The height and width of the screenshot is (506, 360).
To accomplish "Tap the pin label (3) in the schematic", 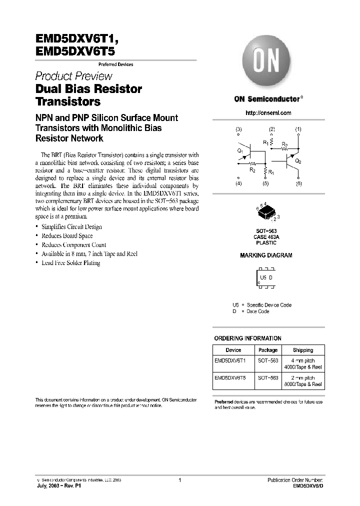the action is (x=238, y=129).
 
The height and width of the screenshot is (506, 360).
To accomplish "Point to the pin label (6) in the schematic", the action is (x=299, y=184).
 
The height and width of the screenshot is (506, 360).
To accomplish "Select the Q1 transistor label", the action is (x=240, y=149).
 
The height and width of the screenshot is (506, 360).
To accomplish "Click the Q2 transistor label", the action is (x=298, y=161).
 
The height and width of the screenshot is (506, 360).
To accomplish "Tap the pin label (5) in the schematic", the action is (x=265, y=184).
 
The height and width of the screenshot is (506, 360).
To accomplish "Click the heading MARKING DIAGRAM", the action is (x=266, y=255).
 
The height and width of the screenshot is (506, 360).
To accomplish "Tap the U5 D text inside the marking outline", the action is (x=265, y=277).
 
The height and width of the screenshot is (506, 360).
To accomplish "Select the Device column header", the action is (x=233, y=350).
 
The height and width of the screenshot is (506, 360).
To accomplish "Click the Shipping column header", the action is (x=303, y=350).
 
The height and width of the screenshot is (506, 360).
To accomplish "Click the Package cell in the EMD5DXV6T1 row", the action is (x=268, y=360).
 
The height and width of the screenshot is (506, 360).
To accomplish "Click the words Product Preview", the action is (x=73, y=76).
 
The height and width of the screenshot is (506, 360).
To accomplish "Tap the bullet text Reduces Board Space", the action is (x=67, y=235).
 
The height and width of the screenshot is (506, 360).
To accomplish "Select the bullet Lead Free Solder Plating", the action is (x=71, y=262).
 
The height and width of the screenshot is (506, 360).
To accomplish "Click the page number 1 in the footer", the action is (x=179, y=479).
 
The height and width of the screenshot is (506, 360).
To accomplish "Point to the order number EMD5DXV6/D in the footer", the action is (x=308, y=485).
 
